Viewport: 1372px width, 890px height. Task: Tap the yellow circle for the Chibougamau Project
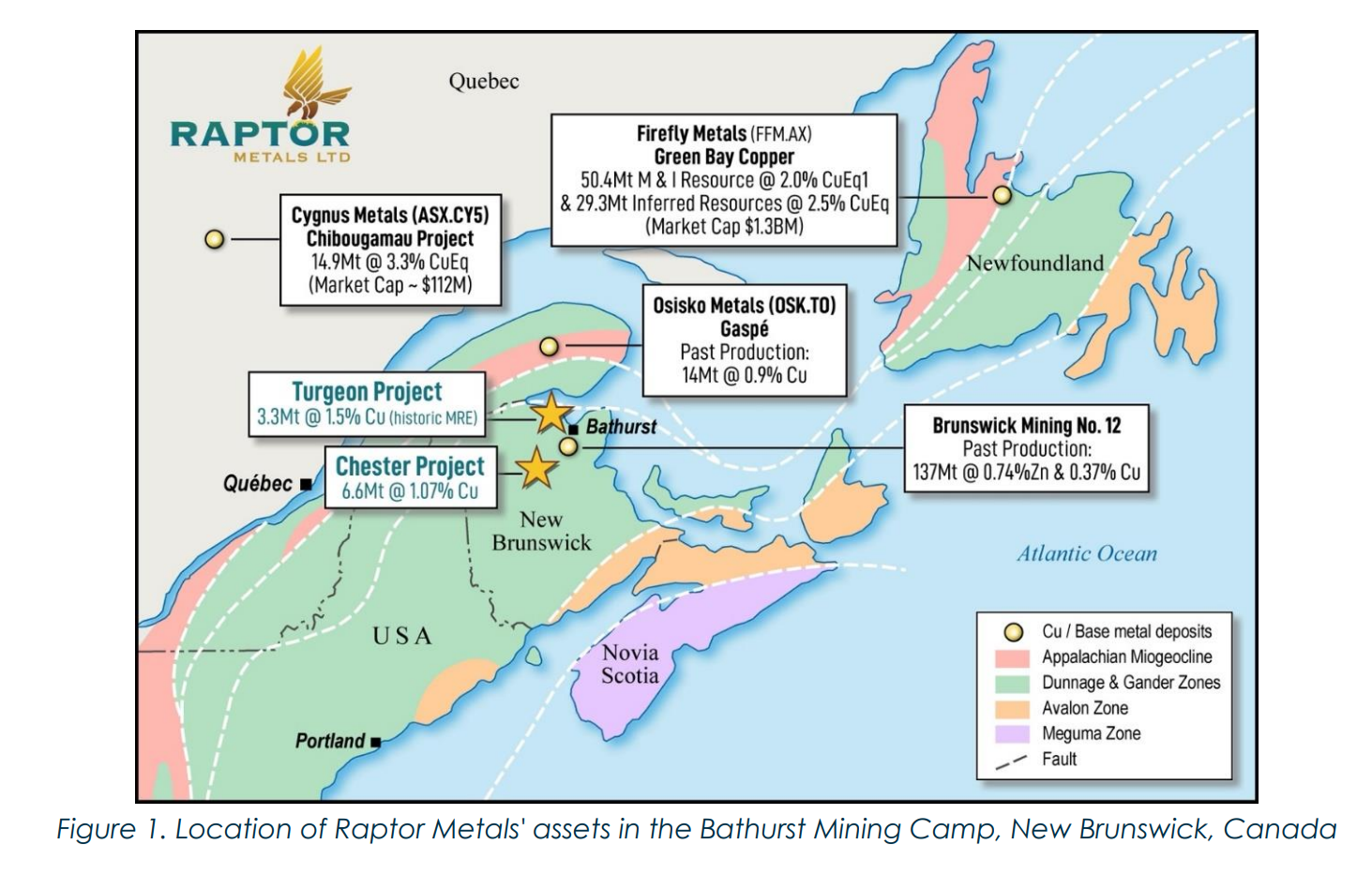coord(215,239)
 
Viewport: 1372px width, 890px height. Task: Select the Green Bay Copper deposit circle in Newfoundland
coord(1003,195)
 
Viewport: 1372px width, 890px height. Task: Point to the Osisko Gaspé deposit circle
coord(550,347)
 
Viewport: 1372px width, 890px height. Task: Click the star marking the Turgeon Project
coord(550,413)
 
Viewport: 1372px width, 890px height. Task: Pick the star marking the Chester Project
coord(536,467)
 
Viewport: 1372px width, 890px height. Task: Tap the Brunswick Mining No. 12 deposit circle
coord(568,446)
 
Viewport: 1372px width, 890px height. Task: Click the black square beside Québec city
coord(306,485)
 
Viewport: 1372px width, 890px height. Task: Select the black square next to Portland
coord(375,742)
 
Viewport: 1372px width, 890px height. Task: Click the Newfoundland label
coord(1034,264)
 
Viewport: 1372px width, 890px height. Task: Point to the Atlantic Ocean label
coord(1087,553)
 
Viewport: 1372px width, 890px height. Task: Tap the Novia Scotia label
coord(630,664)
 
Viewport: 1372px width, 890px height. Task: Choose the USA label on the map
coord(402,636)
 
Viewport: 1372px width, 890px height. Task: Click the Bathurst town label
coord(621,428)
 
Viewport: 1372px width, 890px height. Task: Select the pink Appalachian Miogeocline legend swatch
coord(1012,657)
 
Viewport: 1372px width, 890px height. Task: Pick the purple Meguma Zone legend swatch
coord(1012,734)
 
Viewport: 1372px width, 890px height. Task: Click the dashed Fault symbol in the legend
coord(1012,761)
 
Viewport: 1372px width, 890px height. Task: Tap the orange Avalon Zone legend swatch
coord(1012,709)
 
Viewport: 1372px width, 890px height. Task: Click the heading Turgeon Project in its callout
coord(367,392)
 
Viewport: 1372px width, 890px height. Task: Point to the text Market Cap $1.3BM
coord(723,226)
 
